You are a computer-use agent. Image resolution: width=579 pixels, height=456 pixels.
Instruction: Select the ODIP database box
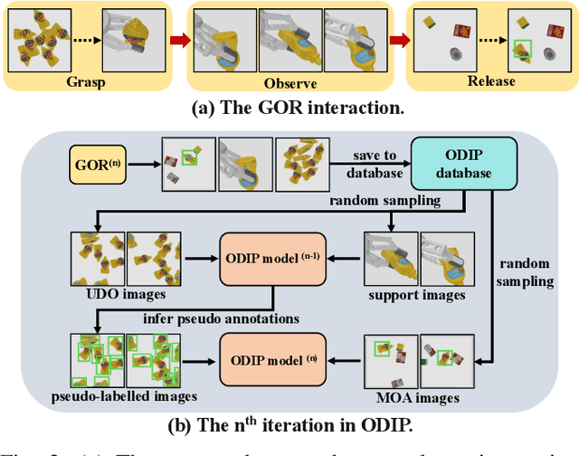(463, 164)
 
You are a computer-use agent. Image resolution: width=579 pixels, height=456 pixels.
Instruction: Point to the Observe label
(289, 81)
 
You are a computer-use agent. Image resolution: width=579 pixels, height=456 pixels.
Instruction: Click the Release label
(492, 81)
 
